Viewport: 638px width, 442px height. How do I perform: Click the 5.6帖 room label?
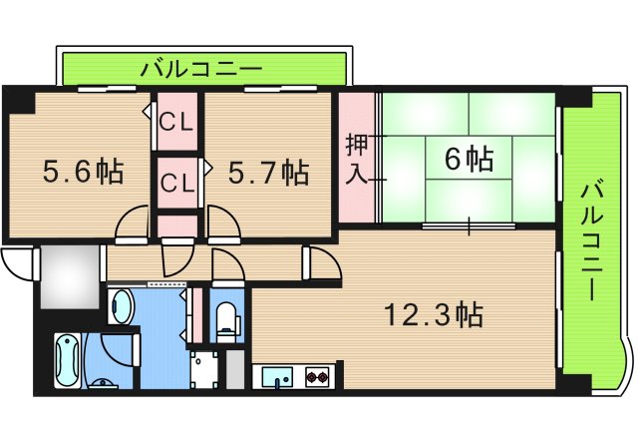coord(82,172)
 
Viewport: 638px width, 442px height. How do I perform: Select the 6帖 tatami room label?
coord(468,158)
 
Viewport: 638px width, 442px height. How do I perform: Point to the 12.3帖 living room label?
coord(434,316)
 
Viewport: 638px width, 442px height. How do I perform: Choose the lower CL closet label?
coord(177,183)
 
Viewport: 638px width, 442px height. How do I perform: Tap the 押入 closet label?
coord(357,159)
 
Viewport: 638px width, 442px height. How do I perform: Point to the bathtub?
coord(68,361)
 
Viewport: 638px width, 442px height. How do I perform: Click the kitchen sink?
coord(274,378)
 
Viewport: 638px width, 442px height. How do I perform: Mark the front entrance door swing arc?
coord(18,263)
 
